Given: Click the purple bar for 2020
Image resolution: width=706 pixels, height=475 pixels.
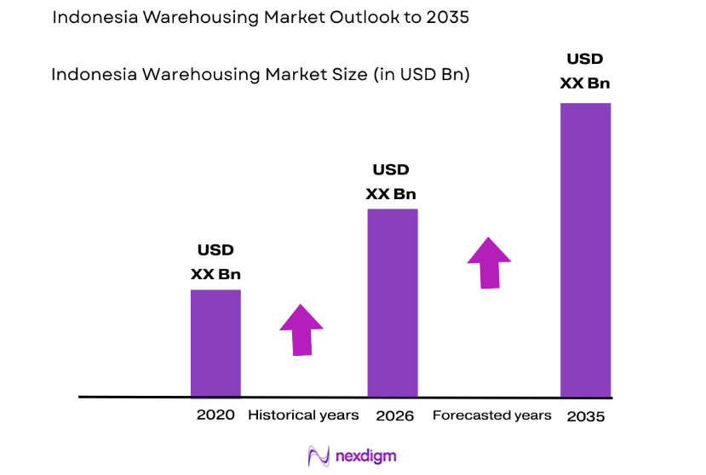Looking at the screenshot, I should (x=215, y=343).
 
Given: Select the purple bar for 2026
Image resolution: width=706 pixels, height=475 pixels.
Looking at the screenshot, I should (x=393, y=302).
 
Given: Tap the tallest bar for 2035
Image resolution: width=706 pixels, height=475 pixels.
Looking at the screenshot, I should (x=585, y=249).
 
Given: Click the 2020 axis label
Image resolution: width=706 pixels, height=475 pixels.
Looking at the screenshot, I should (x=215, y=415).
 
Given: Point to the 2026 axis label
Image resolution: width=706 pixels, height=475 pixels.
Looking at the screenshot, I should (x=394, y=416).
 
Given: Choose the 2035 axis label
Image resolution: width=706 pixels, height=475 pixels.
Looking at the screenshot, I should (x=585, y=417).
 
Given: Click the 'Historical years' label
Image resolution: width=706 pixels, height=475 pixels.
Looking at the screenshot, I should (x=303, y=415).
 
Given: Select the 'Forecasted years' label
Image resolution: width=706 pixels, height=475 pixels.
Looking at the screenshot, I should (x=491, y=415).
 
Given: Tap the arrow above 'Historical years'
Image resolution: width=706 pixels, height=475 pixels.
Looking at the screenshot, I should (x=301, y=329).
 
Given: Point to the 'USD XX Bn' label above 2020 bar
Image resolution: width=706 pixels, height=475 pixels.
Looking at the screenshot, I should (x=215, y=262).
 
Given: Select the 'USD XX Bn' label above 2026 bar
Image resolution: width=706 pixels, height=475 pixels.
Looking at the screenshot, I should (x=391, y=182).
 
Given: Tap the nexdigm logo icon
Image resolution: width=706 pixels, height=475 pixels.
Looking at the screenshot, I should (x=319, y=456).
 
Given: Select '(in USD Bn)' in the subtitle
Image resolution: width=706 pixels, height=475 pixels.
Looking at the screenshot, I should (x=421, y=75).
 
